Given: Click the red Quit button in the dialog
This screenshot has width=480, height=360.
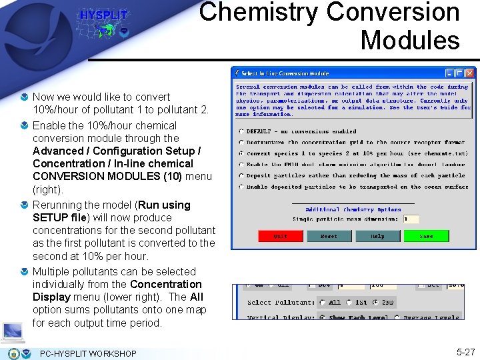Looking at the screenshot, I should [x=281, y=237].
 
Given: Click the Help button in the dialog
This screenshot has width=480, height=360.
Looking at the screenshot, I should [x=378, y=237].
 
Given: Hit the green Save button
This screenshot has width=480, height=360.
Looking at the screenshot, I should [x=427, y=237].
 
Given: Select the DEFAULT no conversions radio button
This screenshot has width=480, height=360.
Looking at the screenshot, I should [x=241, y=131].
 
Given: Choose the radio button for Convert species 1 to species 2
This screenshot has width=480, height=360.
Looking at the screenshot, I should [x=241, y=153].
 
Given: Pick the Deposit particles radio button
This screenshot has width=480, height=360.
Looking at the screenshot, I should [x=241, y=176].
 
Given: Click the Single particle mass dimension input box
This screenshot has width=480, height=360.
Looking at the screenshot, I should [x=411, y=219].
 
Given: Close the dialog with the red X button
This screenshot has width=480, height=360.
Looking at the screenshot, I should [x=469, y=73].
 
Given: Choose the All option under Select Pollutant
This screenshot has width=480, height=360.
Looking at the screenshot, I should [x=323, y=303].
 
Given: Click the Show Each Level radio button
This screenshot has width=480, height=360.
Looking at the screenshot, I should [x=323, y=317].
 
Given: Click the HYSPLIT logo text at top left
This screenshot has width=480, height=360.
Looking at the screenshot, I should [x=103, y=15].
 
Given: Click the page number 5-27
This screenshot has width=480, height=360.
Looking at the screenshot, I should [x=465, y=352].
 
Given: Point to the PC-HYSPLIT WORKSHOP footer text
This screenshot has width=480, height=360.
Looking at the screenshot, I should [x=88, y=353].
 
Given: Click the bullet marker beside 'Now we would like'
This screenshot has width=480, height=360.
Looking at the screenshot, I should [x=25, y=97].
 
